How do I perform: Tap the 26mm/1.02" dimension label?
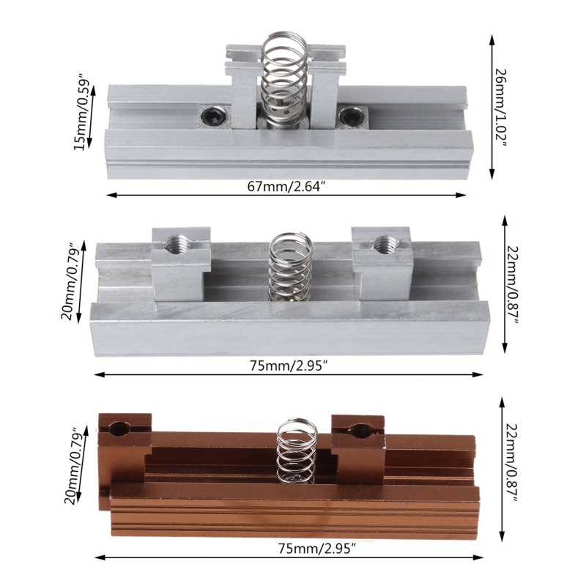(501, 107)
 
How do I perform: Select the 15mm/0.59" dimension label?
(81, 115)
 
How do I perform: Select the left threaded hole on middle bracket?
(177, 244)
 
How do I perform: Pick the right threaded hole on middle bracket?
(386, 245)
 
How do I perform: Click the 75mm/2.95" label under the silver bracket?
(289, 366)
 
